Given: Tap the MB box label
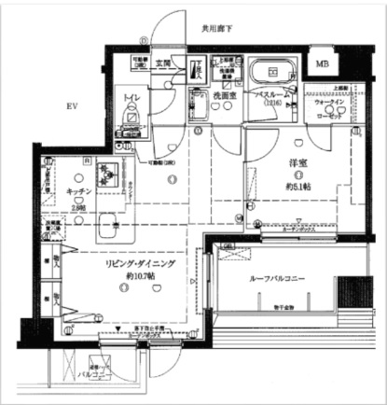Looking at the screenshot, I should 322,63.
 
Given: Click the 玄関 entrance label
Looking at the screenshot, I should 162,63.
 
